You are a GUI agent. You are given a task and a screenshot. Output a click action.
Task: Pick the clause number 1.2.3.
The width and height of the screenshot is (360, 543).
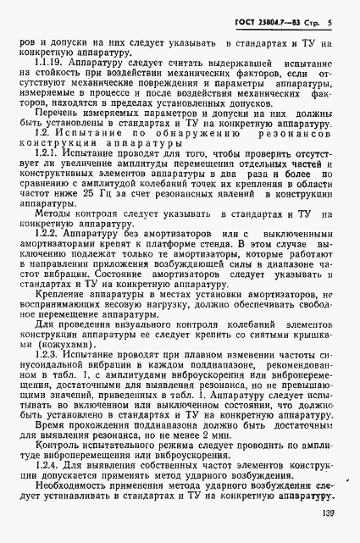click(x=47, y=372)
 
